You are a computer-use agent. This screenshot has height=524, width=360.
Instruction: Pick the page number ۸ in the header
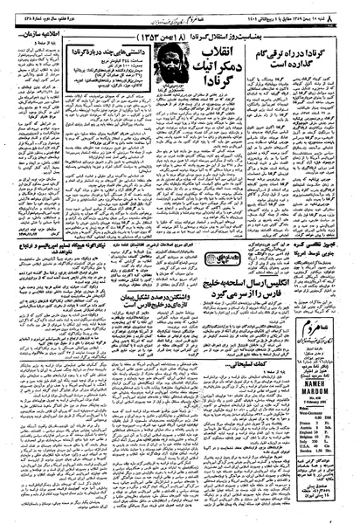352,7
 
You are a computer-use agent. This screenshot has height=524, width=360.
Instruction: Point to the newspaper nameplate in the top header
174,7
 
